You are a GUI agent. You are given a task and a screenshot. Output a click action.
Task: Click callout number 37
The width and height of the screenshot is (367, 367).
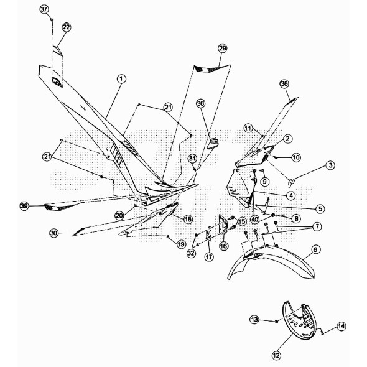click(44, 9)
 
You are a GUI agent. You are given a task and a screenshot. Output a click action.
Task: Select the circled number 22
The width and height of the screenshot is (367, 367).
click(66, 27)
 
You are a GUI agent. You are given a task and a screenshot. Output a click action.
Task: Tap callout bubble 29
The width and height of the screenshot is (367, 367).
click(222, 49)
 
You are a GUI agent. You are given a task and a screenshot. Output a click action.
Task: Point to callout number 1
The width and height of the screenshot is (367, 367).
click(121, 79)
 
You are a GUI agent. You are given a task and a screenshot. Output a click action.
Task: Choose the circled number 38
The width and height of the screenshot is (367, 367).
click(284, 84)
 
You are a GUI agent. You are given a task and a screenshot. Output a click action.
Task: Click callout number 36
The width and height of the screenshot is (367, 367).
click(201, 103)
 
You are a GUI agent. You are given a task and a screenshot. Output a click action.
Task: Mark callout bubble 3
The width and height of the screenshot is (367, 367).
click(330, 165)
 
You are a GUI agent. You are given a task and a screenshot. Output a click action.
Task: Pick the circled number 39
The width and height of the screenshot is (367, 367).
click(24, 206)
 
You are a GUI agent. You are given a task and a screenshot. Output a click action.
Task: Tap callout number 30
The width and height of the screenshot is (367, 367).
click(54, 233)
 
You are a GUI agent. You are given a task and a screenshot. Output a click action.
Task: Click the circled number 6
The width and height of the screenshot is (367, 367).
click(315, 249)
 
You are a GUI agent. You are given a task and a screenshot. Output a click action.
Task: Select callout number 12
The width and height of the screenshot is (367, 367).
click(276, 356)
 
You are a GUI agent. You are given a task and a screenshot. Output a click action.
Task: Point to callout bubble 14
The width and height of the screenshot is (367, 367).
click(341, 326)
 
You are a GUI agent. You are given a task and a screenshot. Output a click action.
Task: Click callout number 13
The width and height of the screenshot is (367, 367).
click(254, 319)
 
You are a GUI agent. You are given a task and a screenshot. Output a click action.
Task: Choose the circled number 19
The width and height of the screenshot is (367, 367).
click(181, 244)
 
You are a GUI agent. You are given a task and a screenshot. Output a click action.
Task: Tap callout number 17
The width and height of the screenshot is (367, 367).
click(209, 257)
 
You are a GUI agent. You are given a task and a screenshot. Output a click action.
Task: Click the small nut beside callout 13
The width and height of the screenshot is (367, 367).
click(276, 322)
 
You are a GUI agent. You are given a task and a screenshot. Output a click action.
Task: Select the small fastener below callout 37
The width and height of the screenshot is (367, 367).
click(52, 20)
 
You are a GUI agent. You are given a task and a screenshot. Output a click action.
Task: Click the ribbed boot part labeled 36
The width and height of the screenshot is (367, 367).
click(213, 144)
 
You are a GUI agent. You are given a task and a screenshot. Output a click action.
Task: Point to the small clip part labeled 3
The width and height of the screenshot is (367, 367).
click(291, 182)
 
